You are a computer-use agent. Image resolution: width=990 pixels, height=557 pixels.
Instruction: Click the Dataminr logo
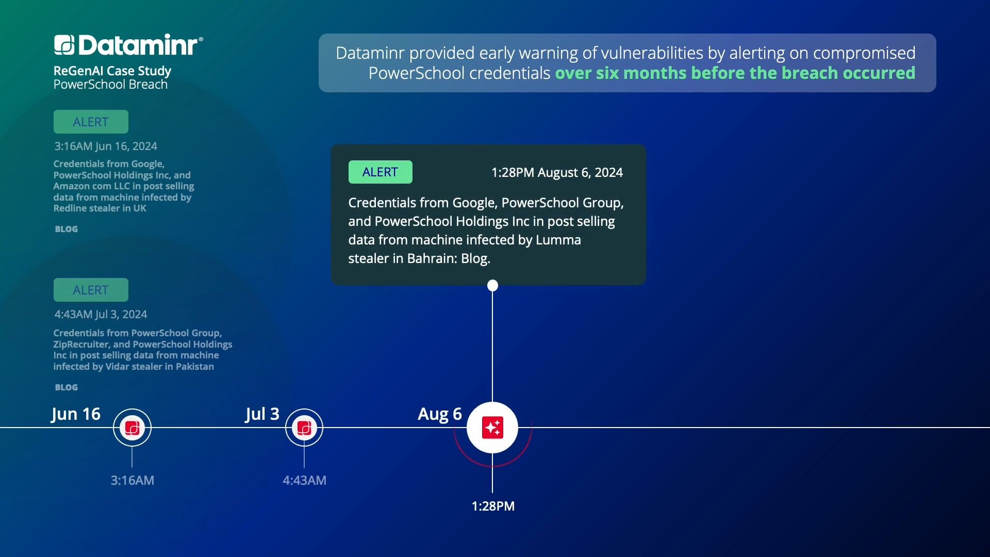[128, 45]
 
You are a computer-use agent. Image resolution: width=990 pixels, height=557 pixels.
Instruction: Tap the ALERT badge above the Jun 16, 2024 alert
[91, 122]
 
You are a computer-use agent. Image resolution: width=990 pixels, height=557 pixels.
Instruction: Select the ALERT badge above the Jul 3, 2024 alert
[91, 290]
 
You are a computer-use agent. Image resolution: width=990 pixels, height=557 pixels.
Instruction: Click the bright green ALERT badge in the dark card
[380, 172]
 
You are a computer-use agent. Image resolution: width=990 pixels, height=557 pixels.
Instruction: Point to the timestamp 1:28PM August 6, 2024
[557, 172]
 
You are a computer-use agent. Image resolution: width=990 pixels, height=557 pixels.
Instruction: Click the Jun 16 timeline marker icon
[132, 428]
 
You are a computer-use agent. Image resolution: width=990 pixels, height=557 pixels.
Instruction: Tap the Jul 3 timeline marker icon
[304, 428]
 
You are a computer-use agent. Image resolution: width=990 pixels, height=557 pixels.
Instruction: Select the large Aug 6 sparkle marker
[492, 428]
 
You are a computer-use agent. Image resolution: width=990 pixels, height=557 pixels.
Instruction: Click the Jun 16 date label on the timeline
[76, 414]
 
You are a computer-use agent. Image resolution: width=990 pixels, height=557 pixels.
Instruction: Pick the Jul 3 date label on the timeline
[262, 414]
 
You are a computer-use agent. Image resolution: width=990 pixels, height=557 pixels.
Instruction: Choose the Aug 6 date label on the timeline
[440, 414]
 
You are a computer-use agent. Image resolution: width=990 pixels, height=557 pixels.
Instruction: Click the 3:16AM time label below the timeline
[133, 480]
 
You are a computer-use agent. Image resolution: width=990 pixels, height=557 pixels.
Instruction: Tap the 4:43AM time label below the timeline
[305, 480]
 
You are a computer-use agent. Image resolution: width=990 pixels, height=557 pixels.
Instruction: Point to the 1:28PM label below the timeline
[493, 506]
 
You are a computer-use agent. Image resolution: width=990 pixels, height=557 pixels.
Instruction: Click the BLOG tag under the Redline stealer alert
[67, 229]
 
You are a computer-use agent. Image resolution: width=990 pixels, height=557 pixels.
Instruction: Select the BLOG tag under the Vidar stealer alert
[67, 387]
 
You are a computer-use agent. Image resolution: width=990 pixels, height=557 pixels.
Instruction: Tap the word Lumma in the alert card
[558, 240]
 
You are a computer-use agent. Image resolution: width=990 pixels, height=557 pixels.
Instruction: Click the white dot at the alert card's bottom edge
[492, 285]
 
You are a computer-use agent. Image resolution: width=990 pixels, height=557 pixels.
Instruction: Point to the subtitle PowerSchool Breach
[110, 85]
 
